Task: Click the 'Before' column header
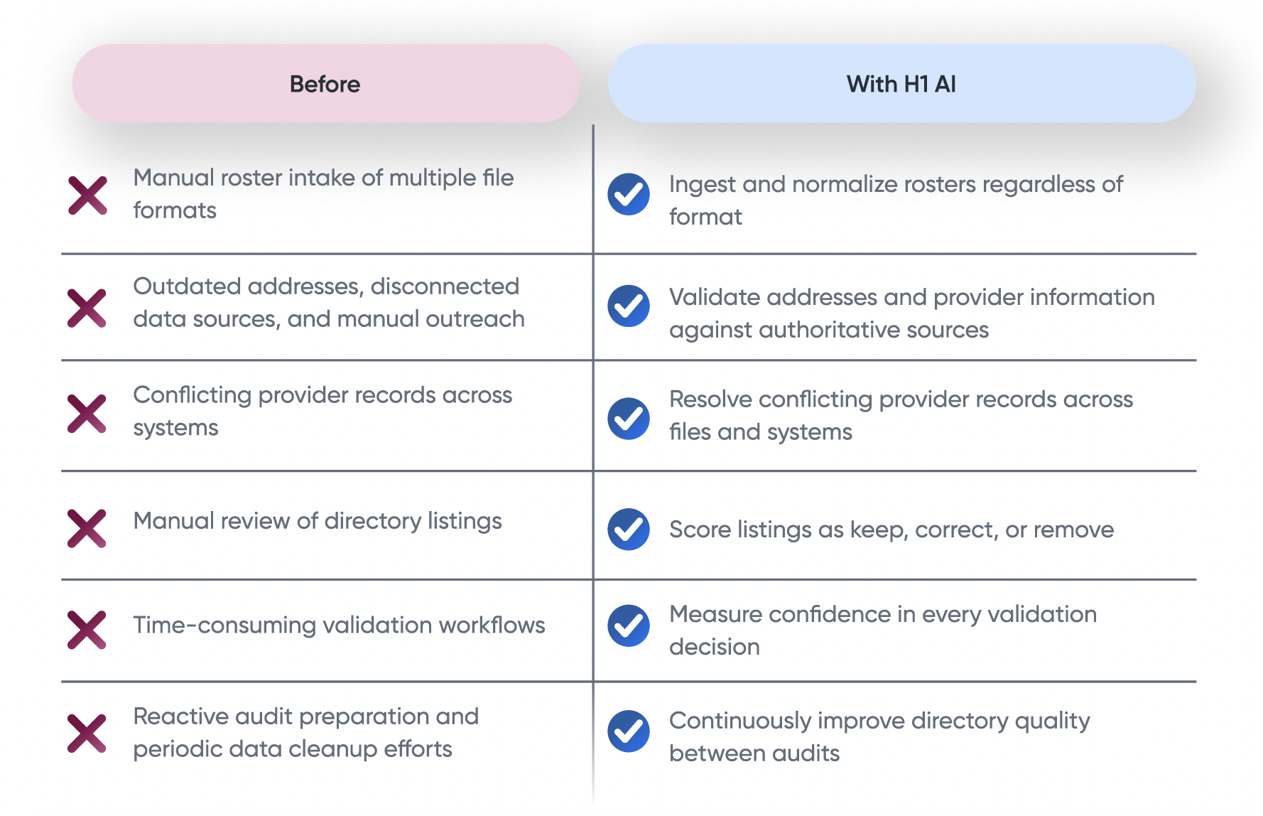tap(325, 83)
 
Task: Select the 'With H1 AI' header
tap(901, 83)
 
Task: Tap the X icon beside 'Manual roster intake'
tap(87, 195)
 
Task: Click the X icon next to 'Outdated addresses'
tap(87, 308)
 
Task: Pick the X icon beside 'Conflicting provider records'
tap(87, 414)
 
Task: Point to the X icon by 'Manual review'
tap(87, 528)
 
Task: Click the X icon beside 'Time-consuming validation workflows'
tap(87, 630)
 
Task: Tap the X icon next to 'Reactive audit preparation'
tap(87, 733)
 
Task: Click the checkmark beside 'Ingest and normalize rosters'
tap(629, 194)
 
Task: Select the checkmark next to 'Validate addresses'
tap(629, 306)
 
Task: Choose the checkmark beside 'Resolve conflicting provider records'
tap(629, 419)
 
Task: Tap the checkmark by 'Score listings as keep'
tap(629, 530)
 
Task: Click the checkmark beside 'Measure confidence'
tap(629, 626)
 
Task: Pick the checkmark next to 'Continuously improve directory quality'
tap(629, 731)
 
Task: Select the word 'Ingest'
tap(703, 185)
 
